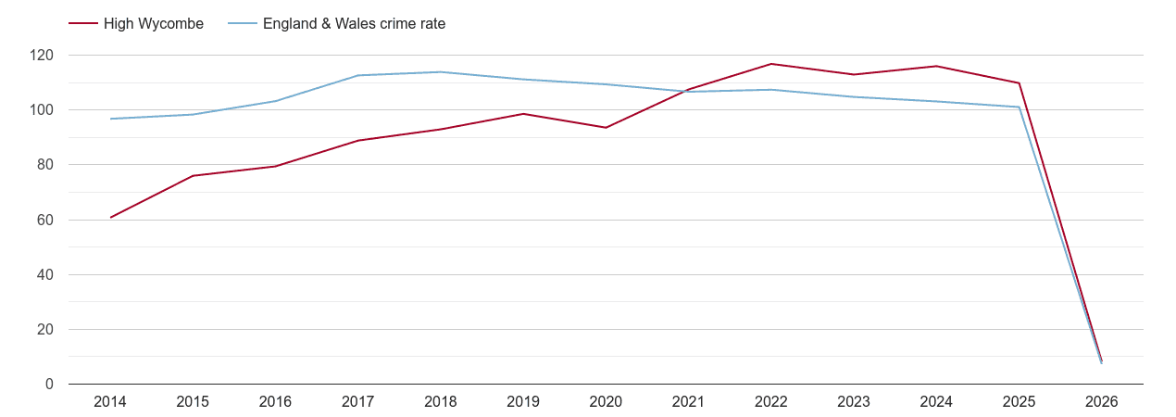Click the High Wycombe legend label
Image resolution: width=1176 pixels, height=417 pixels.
coord(154,24)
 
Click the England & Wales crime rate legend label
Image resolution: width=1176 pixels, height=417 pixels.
coord(354,24)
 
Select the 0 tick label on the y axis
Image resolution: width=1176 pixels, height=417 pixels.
coord(50,385)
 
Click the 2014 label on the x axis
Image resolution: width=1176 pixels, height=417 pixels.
coord(110,402)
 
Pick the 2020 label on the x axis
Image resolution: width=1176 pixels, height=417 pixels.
coord(606,402)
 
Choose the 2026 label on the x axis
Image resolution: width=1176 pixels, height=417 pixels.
coord(1101,402)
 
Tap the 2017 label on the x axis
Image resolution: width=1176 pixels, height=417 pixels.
coord(358,402)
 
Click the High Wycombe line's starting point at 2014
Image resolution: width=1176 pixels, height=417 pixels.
coord(110,218)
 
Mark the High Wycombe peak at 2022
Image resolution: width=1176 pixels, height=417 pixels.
coord(770,64)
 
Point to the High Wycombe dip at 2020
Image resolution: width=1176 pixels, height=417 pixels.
coord(606,128)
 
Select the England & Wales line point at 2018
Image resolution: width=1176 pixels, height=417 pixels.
coord(441,72)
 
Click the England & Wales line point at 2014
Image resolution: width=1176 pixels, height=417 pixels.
coord(110,119)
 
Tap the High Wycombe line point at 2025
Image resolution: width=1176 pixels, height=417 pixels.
coord(1019,83)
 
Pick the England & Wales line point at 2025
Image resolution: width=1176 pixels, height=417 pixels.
coord(1019,107)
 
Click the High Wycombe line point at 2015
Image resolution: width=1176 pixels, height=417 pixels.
coord(193,176)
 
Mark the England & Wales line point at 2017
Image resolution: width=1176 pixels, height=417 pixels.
coord(358,76)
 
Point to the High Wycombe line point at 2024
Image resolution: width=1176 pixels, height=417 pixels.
coord(936,66)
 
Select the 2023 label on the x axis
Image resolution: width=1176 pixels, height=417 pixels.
coord(853,402)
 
